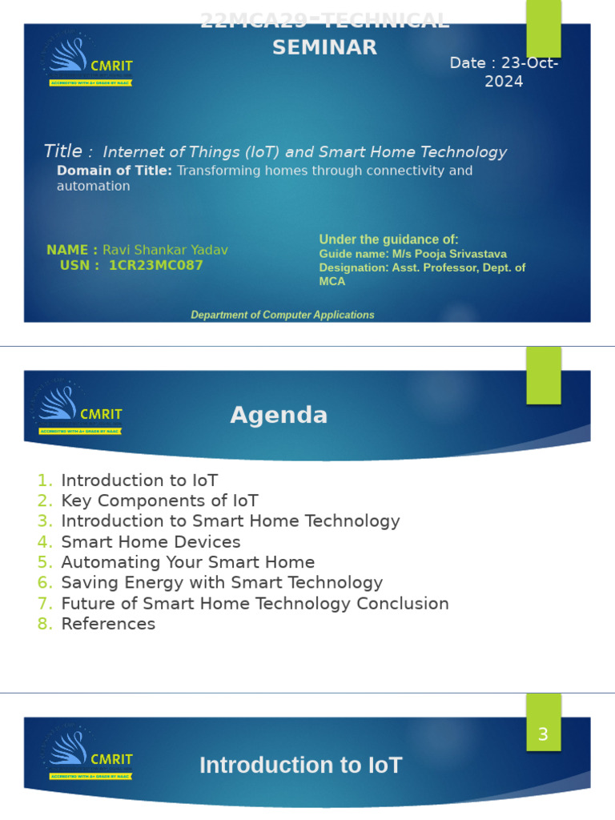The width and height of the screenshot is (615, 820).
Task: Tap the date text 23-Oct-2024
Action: (x=504, y=72)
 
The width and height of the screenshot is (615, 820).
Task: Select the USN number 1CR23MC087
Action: (x=156, y=266)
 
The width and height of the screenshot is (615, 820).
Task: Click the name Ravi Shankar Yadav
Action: (x=165, y=250)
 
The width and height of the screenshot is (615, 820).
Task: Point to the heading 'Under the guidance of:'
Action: (x=388, y=239)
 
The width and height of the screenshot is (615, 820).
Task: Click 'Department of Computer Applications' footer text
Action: (x=282, y=315)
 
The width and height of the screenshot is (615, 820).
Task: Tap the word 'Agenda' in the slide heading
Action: (x=279, y=415)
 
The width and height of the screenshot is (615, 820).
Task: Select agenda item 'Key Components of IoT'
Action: (x=159, y=500)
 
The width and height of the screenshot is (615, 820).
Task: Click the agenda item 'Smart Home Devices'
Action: (x=151, y=541)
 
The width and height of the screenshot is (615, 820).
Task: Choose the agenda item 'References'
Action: (x=108, y=624)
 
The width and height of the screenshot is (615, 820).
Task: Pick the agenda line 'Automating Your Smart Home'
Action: (x=187, y=562)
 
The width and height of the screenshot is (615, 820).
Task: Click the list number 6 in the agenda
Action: (x=45, y=583)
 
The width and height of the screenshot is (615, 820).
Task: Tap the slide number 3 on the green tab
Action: (x=543, y=734)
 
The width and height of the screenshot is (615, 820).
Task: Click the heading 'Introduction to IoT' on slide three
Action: (x=300, y=766)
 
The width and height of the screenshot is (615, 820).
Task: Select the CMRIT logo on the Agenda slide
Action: (x=81, y=408)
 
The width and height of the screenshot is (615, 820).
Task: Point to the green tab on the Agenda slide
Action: (x=543, y=376)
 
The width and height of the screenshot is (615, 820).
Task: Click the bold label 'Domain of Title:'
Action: (x=115, y=171)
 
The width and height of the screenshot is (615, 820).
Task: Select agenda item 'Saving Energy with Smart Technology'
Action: (x=222, y=583)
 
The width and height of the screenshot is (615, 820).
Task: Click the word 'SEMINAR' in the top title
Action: (x=324, y=47)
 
